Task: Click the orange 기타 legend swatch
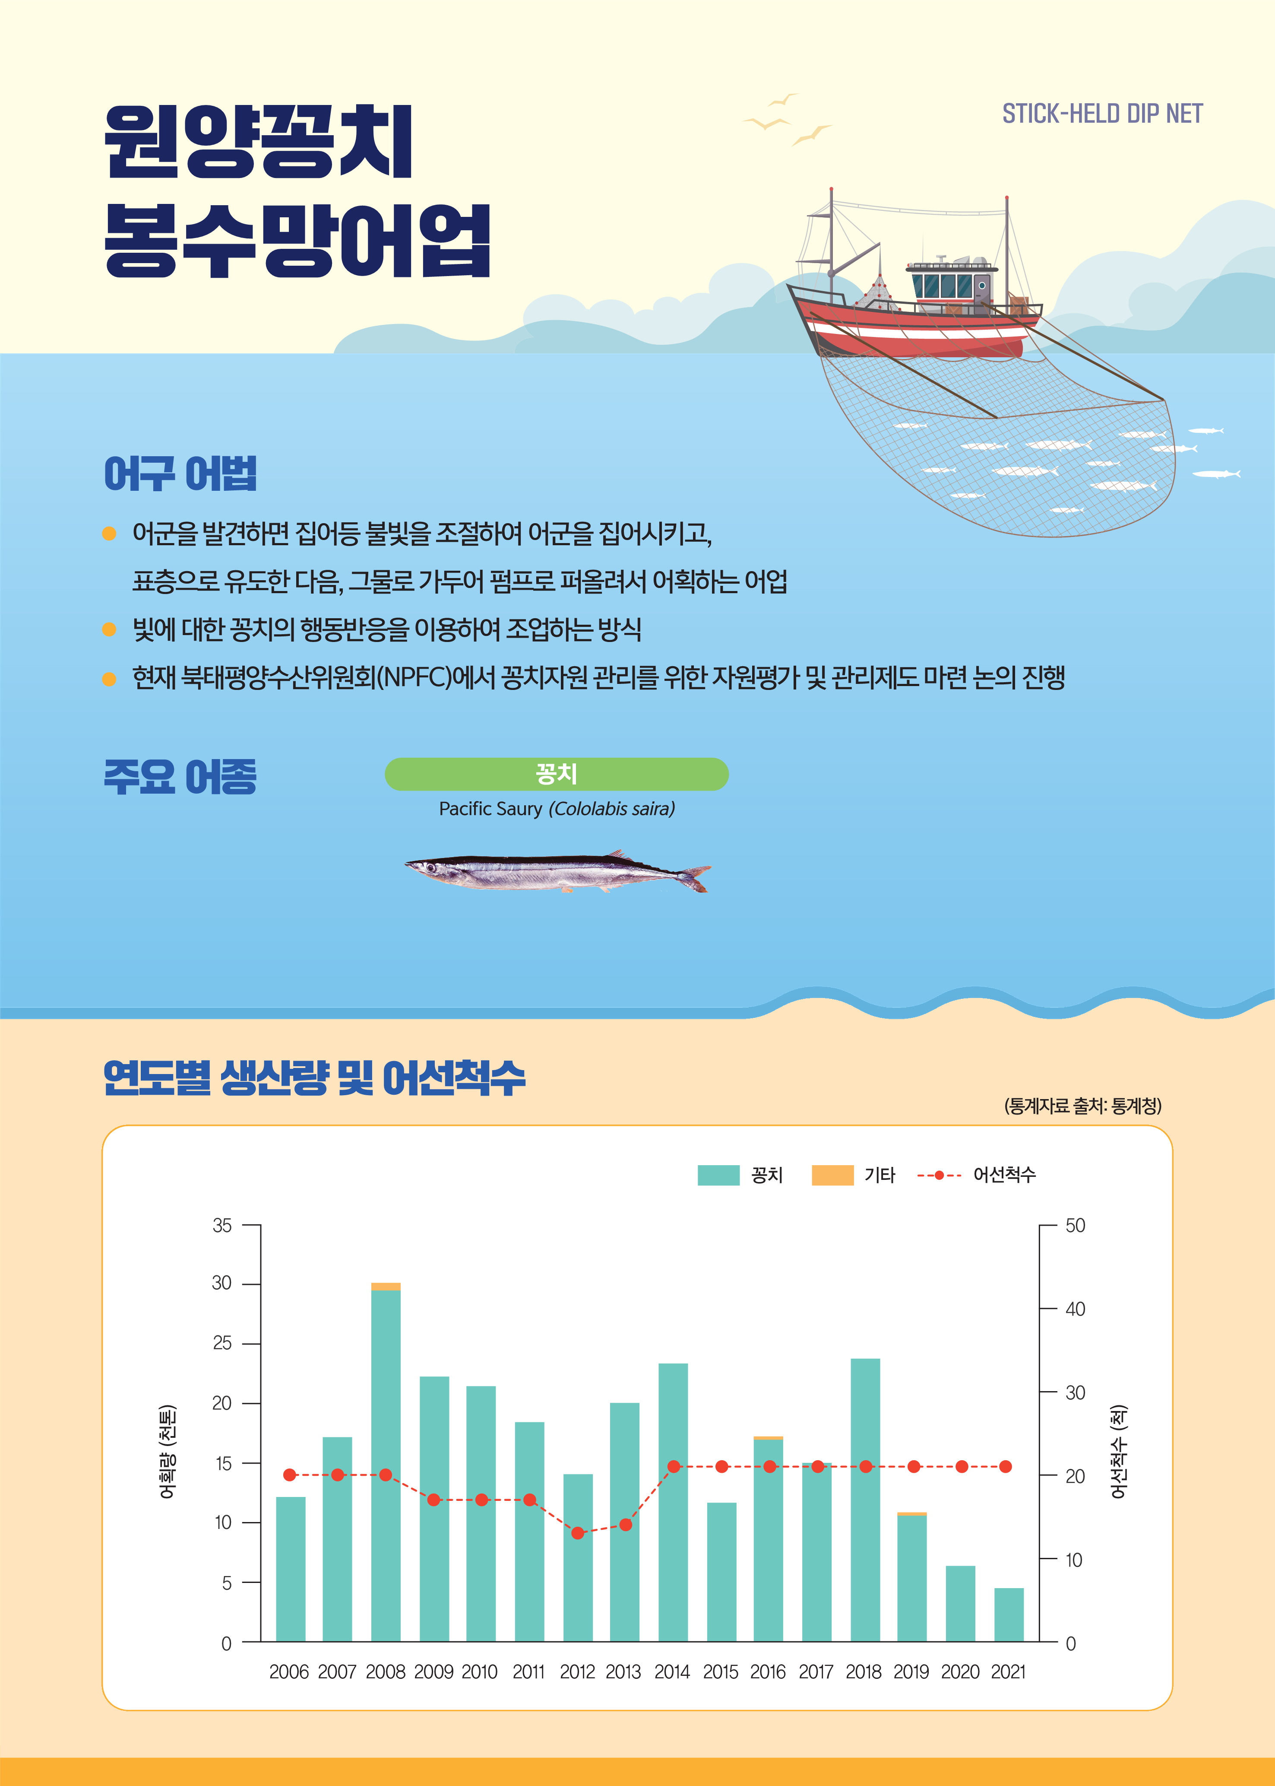832,1175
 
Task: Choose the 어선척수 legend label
1004,1175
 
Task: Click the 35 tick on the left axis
222,1225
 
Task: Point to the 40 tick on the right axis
1075,1309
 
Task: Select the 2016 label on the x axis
767,1672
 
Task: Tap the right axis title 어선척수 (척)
1119,1452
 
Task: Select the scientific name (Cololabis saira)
611,809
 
